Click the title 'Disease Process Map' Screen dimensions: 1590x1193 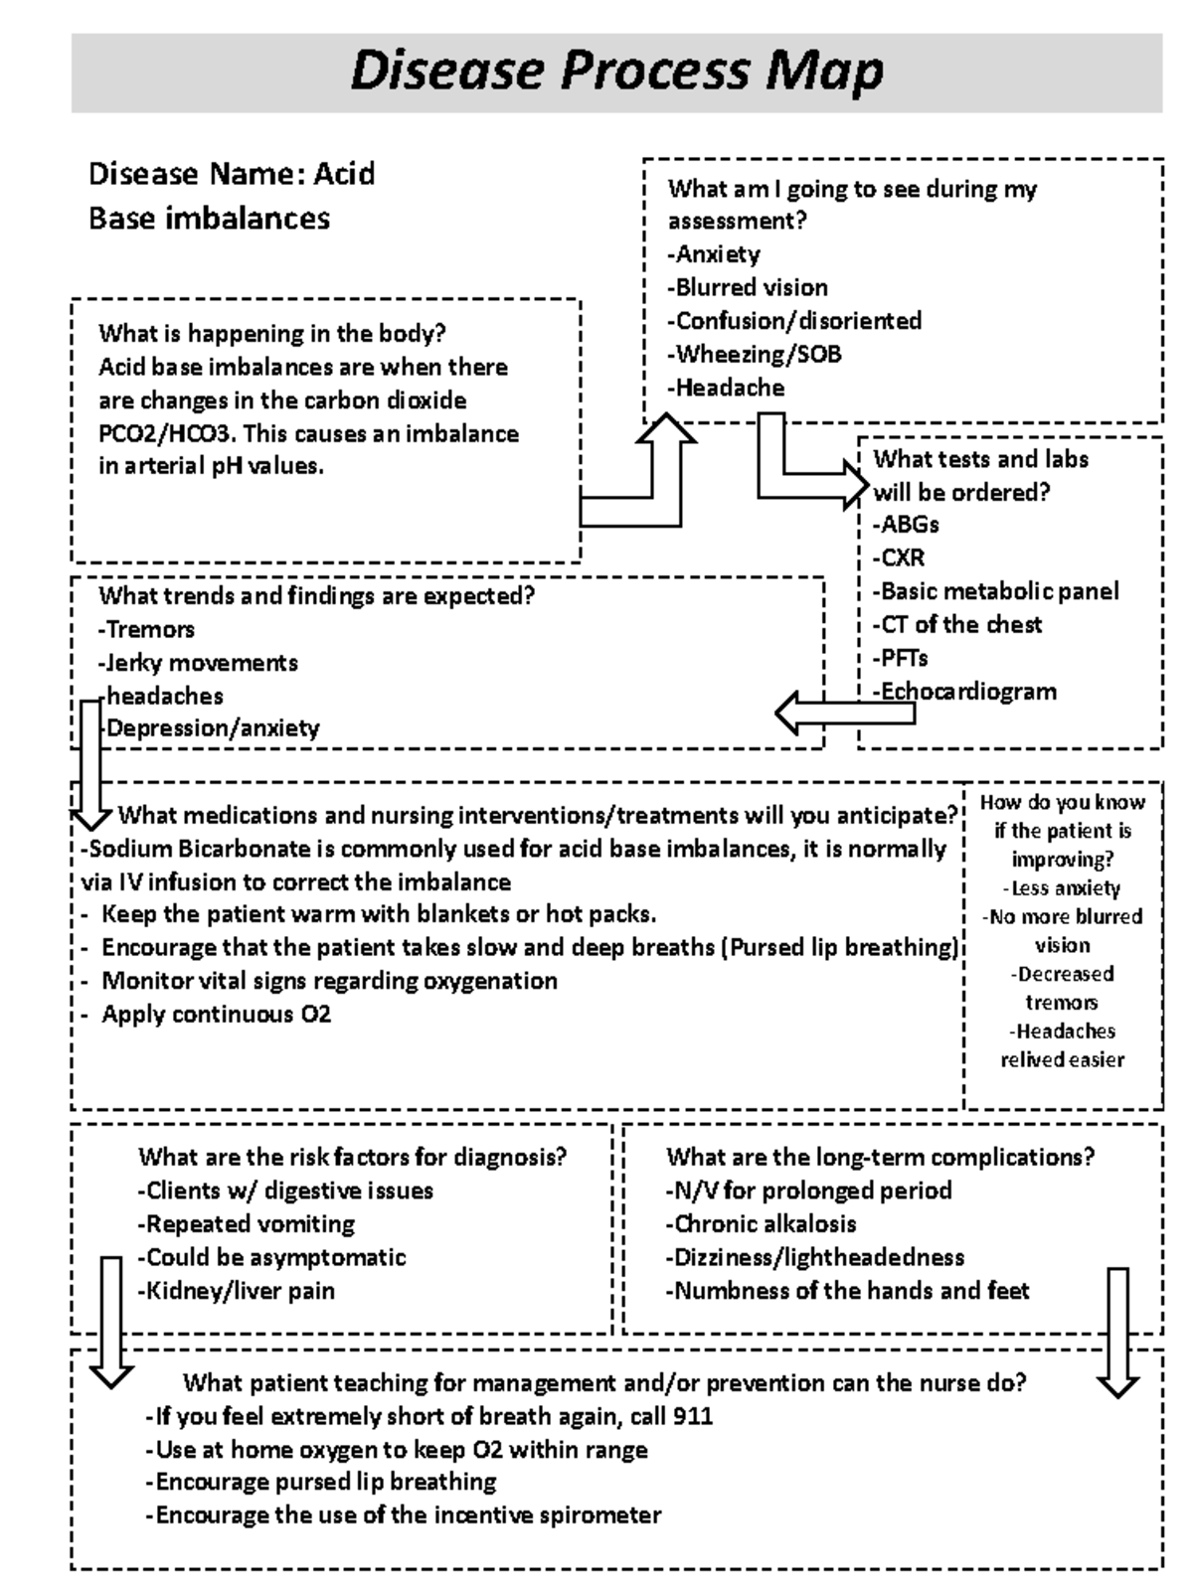(x=616, y=72)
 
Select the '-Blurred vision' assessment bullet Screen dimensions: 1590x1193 (x=747, y=288)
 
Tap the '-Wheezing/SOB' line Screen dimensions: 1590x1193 (x=754, y=355)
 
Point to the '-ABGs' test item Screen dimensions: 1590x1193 (x=906, y=525)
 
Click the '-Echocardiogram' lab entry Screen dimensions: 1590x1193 (x=964, y=692)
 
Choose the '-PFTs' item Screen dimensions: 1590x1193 (x=901, y=658)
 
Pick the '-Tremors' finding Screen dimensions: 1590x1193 (x=146, y=630)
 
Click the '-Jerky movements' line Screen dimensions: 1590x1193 (x=198, y=663)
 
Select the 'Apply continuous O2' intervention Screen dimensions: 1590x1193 (x=216, y=1015)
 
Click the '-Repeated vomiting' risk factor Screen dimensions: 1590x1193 (x=246, y=1224)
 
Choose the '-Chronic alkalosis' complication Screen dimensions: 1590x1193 (x=761, y=1224)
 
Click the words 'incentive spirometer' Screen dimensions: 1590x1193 (x=566, y=1515)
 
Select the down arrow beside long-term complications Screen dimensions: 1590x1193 (x=1117, y=1332)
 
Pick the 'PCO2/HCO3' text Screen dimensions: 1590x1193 (x=166, y=434)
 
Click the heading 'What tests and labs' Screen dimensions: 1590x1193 (x=980, y=459)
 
